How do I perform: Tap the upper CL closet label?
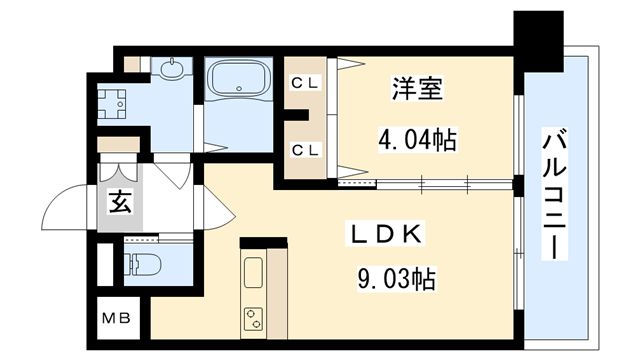304,84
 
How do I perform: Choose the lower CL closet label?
304,150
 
